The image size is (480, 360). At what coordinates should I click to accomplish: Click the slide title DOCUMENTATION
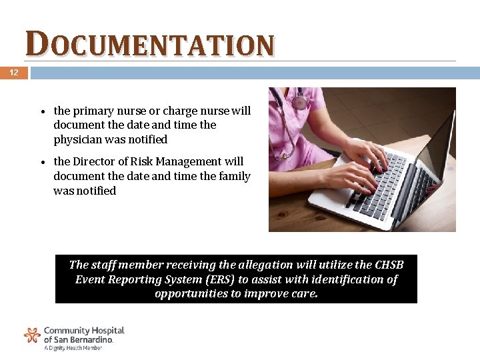click(x=150, y=45)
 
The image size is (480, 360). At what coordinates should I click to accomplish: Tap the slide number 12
click(x=13, y=73)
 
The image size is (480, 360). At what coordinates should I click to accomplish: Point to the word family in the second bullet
click(x=233, y=176)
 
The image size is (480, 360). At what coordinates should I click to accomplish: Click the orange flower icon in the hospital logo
click(x=32, y=335)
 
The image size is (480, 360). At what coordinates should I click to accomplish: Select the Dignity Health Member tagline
click(x=73, y=348)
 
